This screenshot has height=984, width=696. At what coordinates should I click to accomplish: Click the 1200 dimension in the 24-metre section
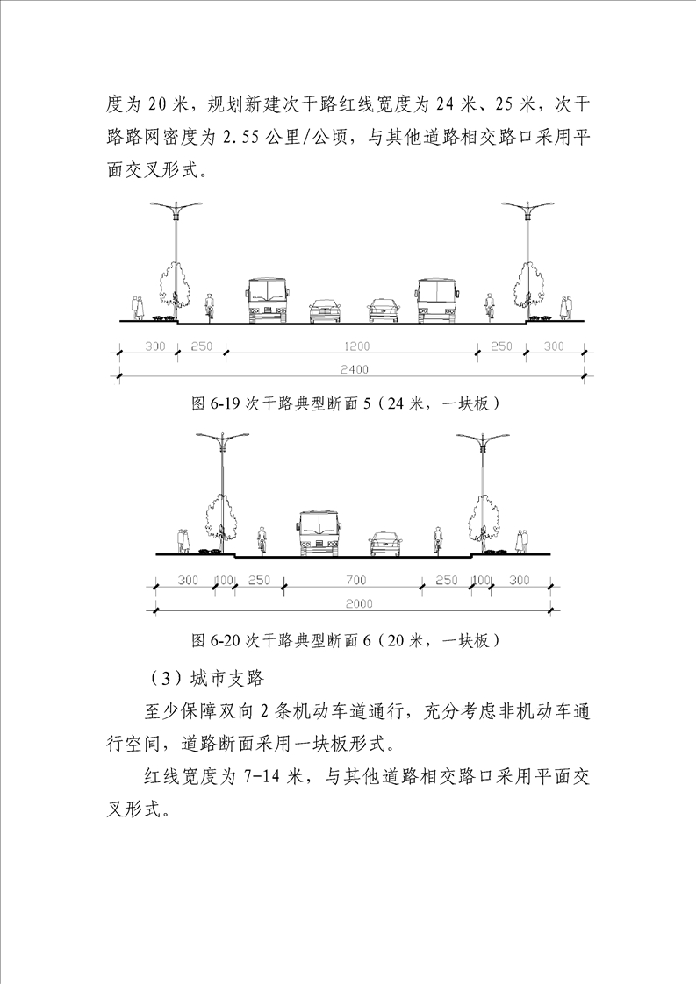356,346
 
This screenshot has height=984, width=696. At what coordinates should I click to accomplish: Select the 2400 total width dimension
355,369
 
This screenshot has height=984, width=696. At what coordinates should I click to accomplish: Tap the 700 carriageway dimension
355,581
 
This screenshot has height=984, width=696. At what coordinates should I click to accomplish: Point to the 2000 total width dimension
359,603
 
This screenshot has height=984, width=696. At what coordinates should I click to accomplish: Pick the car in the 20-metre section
385,544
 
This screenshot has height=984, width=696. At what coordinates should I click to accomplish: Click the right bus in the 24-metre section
437,300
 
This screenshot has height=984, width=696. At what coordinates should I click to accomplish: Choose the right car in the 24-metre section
384,310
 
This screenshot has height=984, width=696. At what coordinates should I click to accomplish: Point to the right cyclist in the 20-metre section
437,540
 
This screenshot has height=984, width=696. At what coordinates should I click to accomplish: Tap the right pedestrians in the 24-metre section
567,308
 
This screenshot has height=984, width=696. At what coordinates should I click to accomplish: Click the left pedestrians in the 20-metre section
183,541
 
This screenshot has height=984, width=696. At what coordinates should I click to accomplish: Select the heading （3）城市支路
206,679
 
